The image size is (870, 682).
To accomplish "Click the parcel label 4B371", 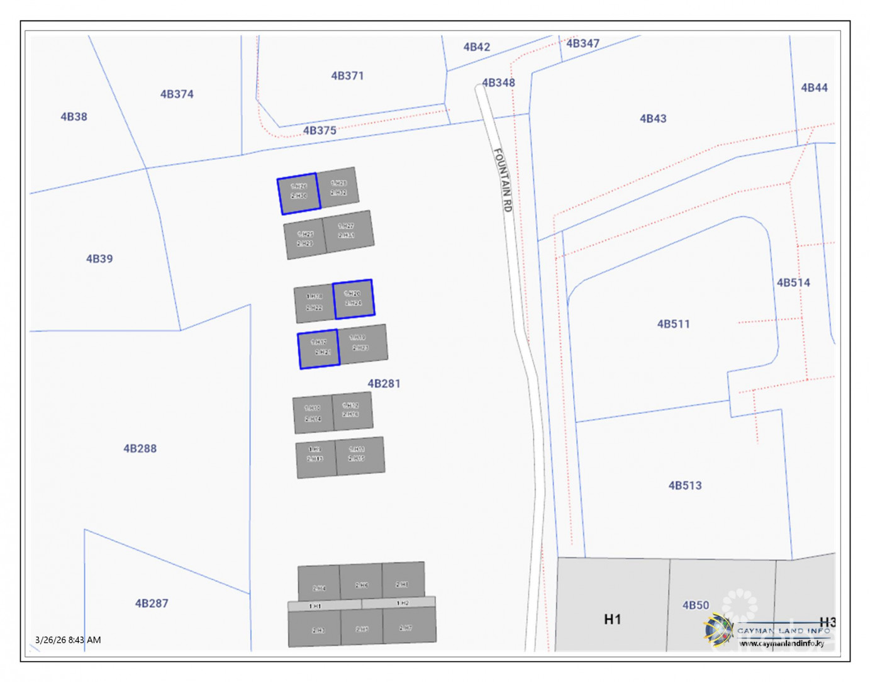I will pyautogui.click(x=347, y=75).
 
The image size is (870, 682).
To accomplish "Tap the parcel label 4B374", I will pyautogui.click(x=177, y=94).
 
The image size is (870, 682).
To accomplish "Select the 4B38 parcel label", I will pyautogui.click(x=74, y=116).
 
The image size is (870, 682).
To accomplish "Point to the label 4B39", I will pyautogui.click(x=99, y=259).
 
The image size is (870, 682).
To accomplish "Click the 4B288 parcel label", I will pyautogui.click(x=140, y=449).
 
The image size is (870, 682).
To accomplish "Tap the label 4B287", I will pyautogui.click(x=152, y=603).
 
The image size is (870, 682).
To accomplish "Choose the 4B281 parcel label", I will pyautogui.click(x=384, y=383).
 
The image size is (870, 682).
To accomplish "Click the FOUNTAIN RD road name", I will pyautogui.click(x=503, y=180).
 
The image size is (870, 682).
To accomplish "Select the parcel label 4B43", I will pyautogui.click(x=653, y=118).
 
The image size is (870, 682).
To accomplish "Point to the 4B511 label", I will pyautogui.click(x=673, y=324).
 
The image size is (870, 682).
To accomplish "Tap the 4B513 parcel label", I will pyautogui.click(x=685, y=486).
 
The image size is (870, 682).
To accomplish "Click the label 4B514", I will pyautogui.click(x=793, y=282).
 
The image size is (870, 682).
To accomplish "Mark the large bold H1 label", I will pyautogui.click(x=612, y=620).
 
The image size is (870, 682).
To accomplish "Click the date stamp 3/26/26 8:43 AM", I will pyautogui.click(x=68, y=640).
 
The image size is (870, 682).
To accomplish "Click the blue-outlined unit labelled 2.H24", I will pyautogui.click(x=354, y=299).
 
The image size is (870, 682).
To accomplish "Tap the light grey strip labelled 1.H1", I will pyautogui.click(x=316, y=606).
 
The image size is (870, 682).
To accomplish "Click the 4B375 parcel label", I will pyautogui.click(x=320, y=131).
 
